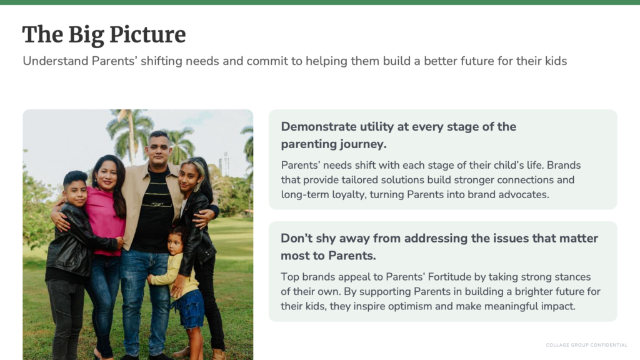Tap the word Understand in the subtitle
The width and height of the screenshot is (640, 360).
[x=56, y=61]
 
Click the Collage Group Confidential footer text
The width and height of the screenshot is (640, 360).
[x=586, y=345]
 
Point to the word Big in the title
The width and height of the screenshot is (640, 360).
[x=86, y=36]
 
